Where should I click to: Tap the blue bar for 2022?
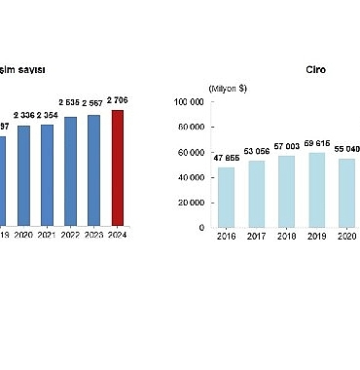click(70, 171)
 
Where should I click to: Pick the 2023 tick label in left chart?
click(94, 235)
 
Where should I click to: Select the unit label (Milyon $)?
click(229, 89)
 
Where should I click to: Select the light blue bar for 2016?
click(226, 198)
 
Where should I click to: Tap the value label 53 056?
click(256, 151)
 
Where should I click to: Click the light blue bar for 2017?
click(256, 194)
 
